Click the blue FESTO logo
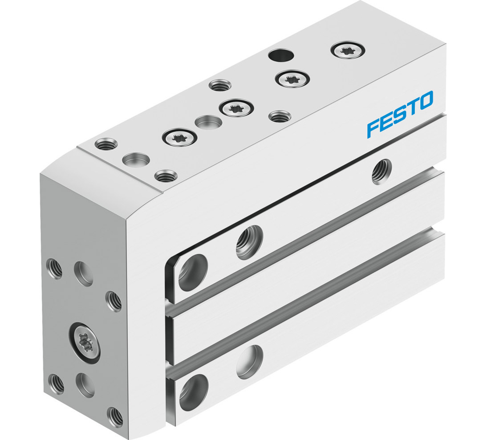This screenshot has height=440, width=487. tap(399, 113)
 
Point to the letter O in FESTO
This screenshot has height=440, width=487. tap(426, 100)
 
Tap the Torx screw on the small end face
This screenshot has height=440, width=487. tap(85, 341)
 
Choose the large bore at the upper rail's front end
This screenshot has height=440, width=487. tap(193, 272)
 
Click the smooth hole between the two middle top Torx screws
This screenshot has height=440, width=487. tap(209, 122)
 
